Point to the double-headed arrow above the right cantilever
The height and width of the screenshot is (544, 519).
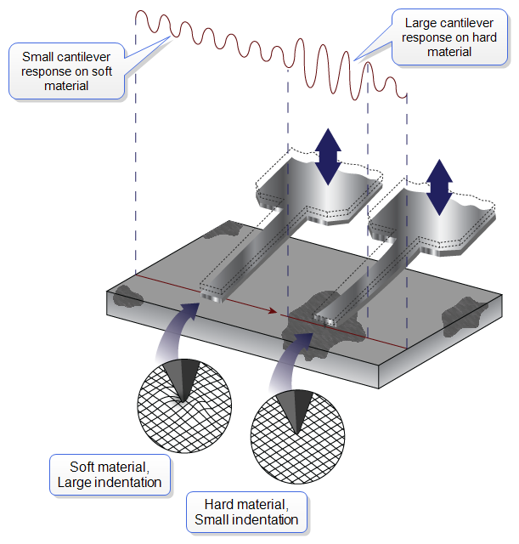click(x=439, y=186)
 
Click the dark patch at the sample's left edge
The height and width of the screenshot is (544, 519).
click(x=128, y=297)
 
